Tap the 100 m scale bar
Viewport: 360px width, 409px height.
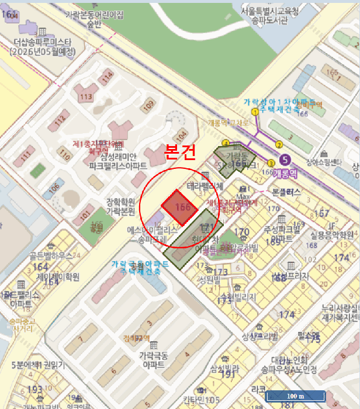pyautogui.click(x=295, y=396)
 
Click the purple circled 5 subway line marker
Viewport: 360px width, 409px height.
pyautogui.click(x=285, y=159)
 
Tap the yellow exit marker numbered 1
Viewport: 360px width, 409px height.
pyautogui.click(x=255, y=112)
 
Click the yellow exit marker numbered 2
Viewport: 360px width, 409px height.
pyautogui.click(x=279, y=145)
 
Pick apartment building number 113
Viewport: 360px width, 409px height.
pyautogui.click(x=86, y=96)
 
